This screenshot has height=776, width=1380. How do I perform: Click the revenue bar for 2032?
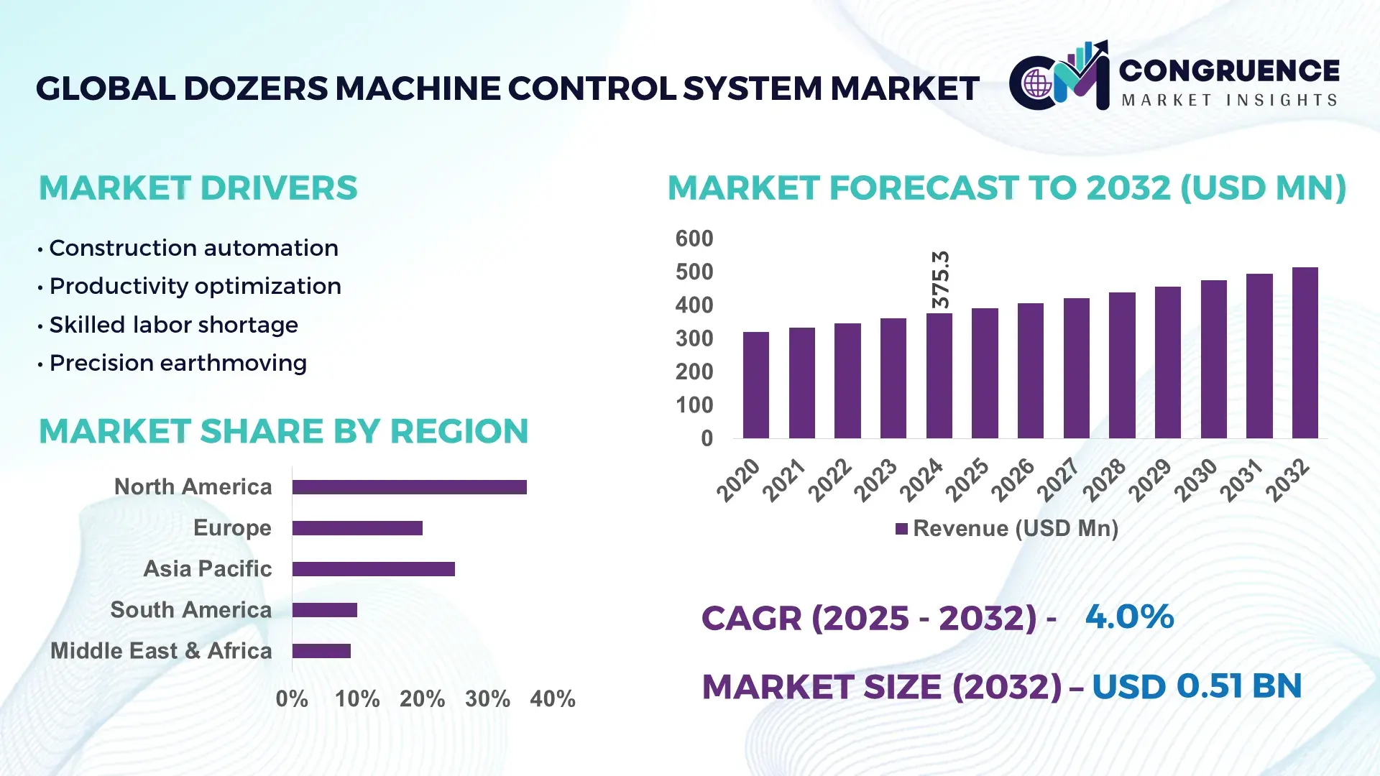[1305, 353]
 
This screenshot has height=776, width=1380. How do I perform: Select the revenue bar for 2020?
[755, 385]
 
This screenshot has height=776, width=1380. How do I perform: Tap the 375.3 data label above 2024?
[940, 280]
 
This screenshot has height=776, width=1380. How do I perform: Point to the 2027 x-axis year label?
[1058, 479]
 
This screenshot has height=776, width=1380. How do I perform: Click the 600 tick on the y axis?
[694, 239]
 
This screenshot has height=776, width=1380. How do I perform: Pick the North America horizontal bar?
[409, 487]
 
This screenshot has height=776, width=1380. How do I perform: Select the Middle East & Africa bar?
[321, 651]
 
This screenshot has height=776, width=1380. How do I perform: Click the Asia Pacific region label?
[207, 568]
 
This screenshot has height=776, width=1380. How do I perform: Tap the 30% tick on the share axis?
[487, 698]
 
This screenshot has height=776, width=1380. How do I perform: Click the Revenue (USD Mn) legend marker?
[901, 529]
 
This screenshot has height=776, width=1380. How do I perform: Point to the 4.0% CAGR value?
[1128, 616]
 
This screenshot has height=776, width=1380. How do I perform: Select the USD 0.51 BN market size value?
[1196, 686]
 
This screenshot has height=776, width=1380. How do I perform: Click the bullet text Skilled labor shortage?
[173, 325]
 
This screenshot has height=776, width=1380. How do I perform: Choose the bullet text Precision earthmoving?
[178, 363]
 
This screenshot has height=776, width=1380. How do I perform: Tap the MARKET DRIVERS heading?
[198, 188]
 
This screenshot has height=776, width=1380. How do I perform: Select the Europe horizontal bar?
[357, 528]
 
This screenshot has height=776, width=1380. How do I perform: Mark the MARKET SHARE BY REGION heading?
[283, 431]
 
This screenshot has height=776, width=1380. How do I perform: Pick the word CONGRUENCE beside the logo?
[1228, 70]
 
